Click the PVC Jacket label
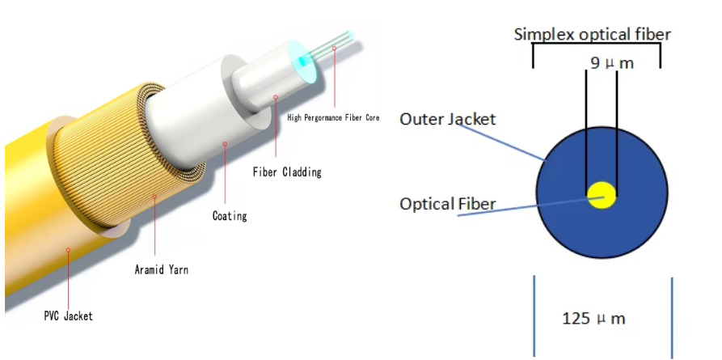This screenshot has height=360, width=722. pyautogui.click(x=68, y=316)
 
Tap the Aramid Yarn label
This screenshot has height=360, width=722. pyautogui.click(x=161, y=269)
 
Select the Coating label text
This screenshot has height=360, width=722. pyautogui.click(x=229, y=216)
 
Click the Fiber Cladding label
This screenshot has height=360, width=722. pyautogui.click(x=286, y=172)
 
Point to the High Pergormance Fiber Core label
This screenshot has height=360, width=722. pyautogui.click(x=333, y=117)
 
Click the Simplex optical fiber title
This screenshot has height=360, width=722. pyautogui.click(x=593, y=34)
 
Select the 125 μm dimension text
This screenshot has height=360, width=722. pyautogui.click(x=593, y=318)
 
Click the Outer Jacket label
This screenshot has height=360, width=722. pyautogui.click(x=447, y=119)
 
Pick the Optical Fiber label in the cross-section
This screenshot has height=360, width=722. pyautogui.click(x=447, y=203)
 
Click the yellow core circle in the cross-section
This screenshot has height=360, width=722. pyautogui.click(x=602, y=194)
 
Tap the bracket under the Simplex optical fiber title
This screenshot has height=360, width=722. pyautogui.click(x=597, y=46)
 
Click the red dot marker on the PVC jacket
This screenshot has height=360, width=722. pyautogui.click(x=68, y=250)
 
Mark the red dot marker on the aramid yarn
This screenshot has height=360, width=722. pyautogui.click(x=154, y=196)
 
